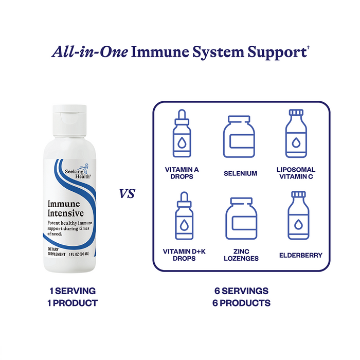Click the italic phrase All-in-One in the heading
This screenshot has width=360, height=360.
pyautogui.click(x=89, y=51)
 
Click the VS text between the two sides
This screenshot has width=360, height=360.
pyautogui.click(x=127, y=193)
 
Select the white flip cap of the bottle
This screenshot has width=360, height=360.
pyautogui.click(x=69, y=121)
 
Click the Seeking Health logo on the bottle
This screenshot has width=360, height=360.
pyautogui.click(x=77, y=171)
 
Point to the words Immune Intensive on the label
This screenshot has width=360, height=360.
pyautogui.click(x=65, y=208)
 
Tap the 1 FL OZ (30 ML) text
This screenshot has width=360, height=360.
pyautogui.click(x=79, y=254)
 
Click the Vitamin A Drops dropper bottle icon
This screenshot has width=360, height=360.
pyautogui.click(x=182, y=133)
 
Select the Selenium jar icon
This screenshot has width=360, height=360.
pyautogui.click(x=239, y=137)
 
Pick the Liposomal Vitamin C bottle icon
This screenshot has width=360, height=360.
pyautogui.click(x=296, y=133)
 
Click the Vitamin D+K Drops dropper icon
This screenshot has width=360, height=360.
pyautogui.click(x=184, y=215)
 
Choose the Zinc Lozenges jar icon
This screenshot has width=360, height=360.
pyautogui.click(x=241, y=219)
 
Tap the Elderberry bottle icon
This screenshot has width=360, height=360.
pyautogui.click(x=298, y=215)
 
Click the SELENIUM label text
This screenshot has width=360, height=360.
pyautogui.click(x=240, y=173)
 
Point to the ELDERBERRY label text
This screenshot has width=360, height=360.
pyautogui.click(x=301, y=255)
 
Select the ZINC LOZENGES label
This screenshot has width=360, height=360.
pyautogui.click(x=241, y=255)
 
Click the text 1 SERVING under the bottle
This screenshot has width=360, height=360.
pyautogui.click(x=73, y=291)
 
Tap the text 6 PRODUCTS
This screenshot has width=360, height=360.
pyautogui.click(x=241, y=303)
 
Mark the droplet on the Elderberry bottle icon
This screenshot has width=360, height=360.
pyautogui.click(x=298, y=224)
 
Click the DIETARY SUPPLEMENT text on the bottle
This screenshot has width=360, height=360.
pyautogui.click(x=57, y=251)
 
